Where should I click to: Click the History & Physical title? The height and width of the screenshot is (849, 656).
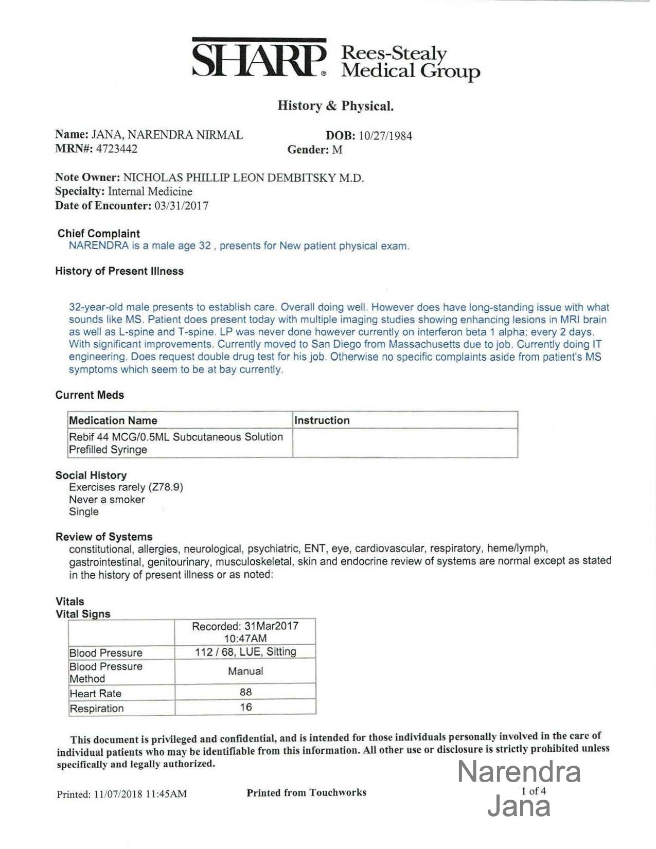pyautogui.click(x=335, y=106)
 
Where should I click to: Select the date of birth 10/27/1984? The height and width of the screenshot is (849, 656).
pyautogui.click(x=385, y=136)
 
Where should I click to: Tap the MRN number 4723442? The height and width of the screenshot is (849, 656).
pyautogui.click(x=117, y=149)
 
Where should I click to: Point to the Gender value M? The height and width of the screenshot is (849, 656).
pyautogui.click(x=337, y=150)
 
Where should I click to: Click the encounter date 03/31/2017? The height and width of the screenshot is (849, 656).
pyautogui.click(x=182, y=206)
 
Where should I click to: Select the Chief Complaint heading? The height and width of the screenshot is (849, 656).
pyautogui.click(x=98, y=234)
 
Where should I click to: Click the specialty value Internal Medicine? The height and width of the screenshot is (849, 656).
pyautogui.click(x=150, y=191)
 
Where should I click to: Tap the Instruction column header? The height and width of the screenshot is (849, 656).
pyautogui.click(x=322, y=420)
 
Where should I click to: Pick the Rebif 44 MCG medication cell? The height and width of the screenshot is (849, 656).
pyautogui.click(x=176, y=443)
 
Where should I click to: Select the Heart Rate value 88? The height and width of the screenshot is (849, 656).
pyautogui.click(x=245, y=692)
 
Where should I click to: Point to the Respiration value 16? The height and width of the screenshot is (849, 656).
pyautogui.click(x=245, y=707)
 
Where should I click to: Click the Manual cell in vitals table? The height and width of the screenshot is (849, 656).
pyautogui.click(x=245, y=671)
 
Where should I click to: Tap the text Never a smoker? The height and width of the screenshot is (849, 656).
pyautogui.click(x=107, y=500)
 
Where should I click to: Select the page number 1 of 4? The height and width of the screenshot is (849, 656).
pyautogui.click(x=534, y=791)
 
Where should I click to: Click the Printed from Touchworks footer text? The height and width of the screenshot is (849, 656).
pyautogui.click(x=306, y=792)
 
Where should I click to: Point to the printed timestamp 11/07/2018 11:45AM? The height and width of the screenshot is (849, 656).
pyautogui.click(x=140, y=794)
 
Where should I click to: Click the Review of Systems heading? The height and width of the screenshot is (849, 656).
pyautogui.click(x=104, y=537)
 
